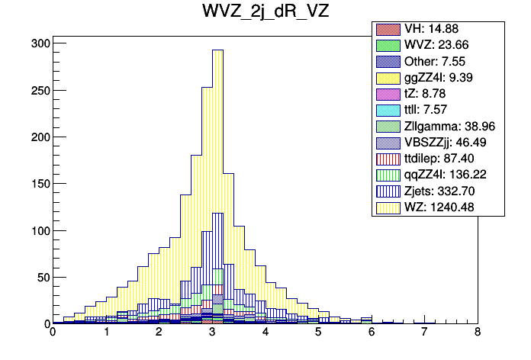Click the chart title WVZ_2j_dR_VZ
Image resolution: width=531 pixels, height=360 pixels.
point(265,14)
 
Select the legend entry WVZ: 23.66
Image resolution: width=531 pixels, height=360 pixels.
point(439,45)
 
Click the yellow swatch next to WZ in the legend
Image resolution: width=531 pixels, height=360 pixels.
point(387,206)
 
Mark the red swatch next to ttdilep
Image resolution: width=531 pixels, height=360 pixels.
point(387,158)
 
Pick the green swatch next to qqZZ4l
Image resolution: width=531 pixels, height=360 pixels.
point(387,174)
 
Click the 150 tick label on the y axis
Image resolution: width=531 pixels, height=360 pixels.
point(40,184)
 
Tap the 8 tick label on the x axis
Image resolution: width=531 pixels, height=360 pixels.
point(477,333)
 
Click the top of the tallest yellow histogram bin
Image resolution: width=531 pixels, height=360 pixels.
point(217,50)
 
